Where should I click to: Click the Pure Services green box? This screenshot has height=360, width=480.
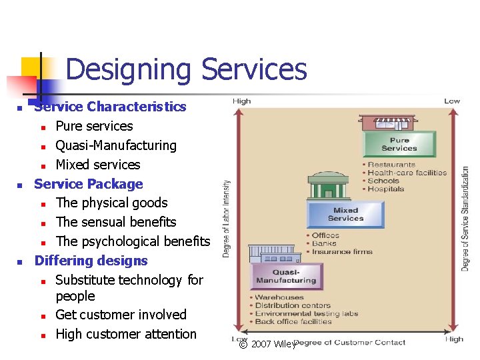click(x=399, y=144)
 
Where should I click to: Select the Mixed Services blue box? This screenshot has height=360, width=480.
click(x=345, y=215)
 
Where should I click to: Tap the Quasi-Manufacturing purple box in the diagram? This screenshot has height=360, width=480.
click(x=286, y=276)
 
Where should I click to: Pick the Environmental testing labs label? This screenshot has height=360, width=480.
click(x=307, y=313)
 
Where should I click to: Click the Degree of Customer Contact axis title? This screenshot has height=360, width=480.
click(x=349, y=343)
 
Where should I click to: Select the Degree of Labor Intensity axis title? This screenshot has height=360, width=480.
click(x=227, y=219)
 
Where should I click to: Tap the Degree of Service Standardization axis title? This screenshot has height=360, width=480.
click(x=465, y=219)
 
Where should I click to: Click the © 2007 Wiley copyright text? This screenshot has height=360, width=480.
click(x=267, y=344)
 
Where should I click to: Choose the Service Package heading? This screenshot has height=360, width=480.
click(x=89, y=184)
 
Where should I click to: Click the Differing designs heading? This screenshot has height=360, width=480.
click(x=91, y=261)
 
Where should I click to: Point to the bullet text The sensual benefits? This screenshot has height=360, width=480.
click(x=116, y=222)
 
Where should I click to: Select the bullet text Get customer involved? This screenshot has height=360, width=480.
click(x=121, y=315)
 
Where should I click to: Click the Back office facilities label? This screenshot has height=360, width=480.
click(x=293, y=321)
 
